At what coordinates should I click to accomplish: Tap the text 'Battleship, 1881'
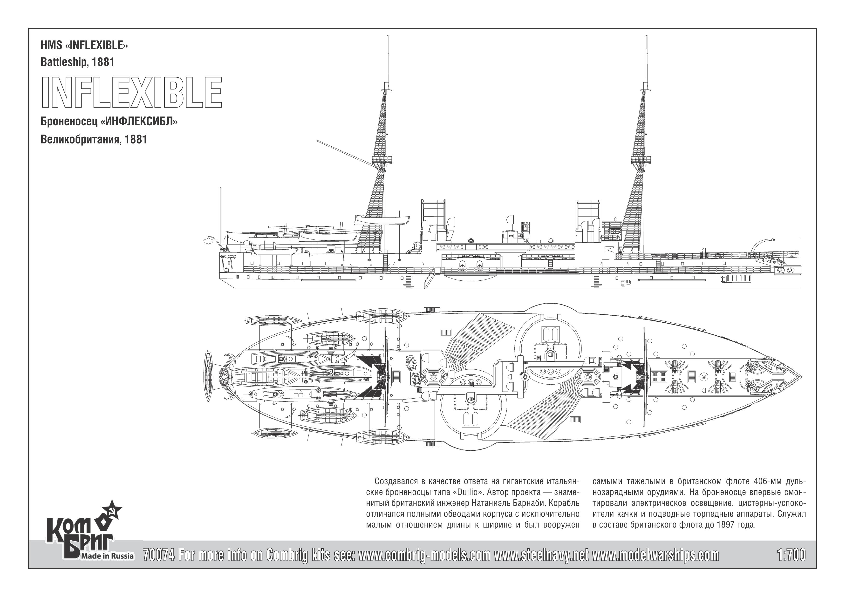[77, 62]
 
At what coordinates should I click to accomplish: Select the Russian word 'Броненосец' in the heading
[68, 122]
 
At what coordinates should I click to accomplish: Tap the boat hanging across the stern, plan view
[209, 377]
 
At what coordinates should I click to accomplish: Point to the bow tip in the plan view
[801, 377]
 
